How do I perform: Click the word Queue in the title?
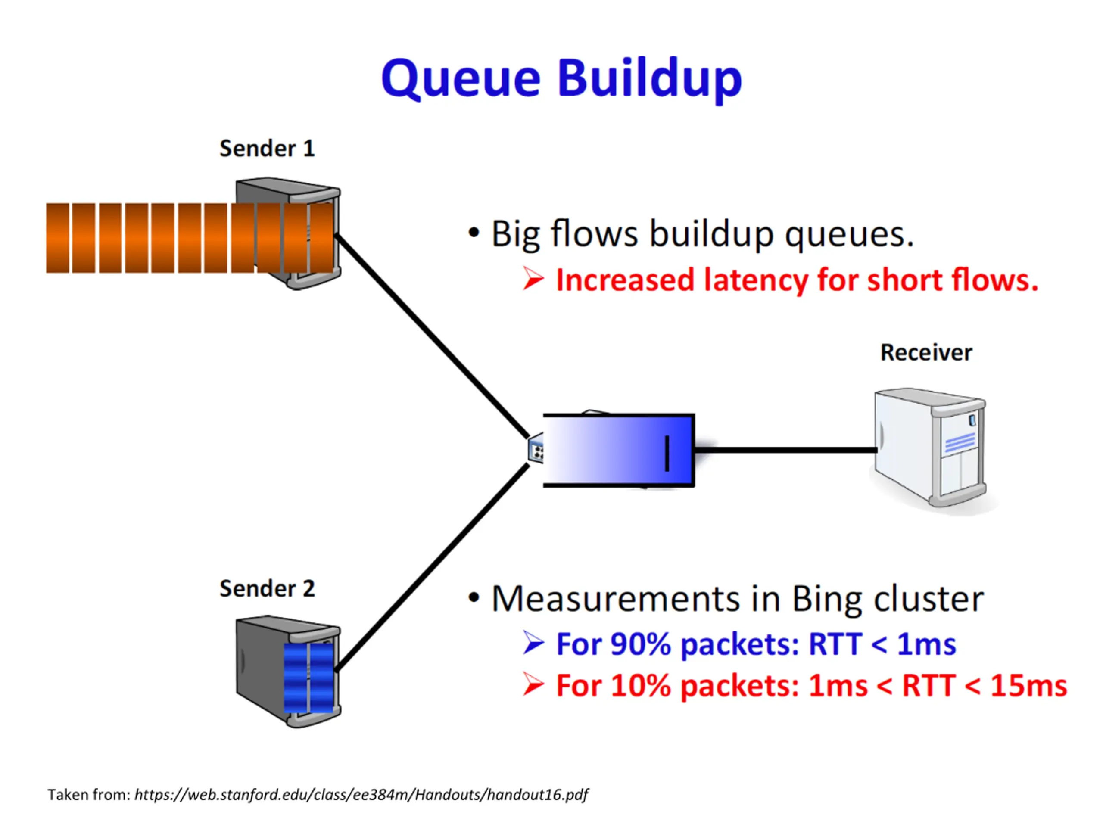461,79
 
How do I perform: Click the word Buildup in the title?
650,79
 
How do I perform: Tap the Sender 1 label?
267,149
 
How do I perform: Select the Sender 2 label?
267,589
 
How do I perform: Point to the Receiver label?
926,352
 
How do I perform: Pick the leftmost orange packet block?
58,238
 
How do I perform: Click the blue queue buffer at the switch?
619,450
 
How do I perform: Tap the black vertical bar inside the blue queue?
667,453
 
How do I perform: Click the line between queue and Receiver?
786,450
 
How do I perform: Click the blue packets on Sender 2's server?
308,678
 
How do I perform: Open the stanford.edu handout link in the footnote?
361,795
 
